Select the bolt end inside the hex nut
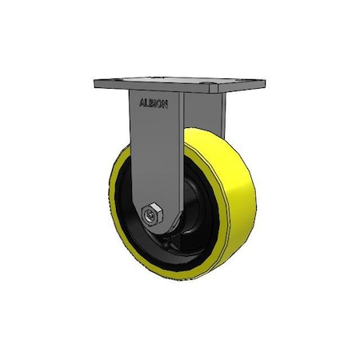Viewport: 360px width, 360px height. pos(150,214)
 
